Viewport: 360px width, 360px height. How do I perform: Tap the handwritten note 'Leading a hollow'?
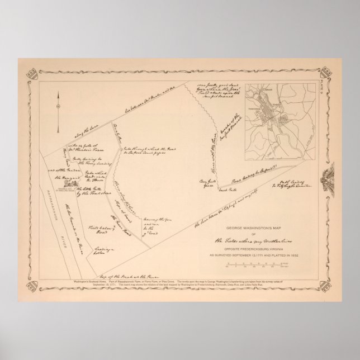tap(102, 237)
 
